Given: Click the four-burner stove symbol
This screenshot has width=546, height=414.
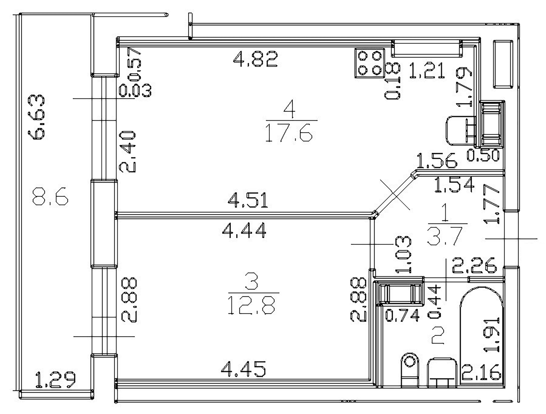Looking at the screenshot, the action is click(370, 63).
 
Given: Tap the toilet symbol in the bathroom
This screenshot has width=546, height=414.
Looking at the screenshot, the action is click(410, 370).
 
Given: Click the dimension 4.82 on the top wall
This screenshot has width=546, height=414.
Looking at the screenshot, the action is click(255, 59).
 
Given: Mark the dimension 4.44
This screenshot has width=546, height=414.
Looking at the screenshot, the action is click(244, 230).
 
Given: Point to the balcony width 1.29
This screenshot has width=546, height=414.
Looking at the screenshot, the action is click(55, 380).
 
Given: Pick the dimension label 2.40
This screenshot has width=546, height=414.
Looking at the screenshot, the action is click(127, 152).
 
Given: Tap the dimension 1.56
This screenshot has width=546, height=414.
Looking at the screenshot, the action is click(437, 161).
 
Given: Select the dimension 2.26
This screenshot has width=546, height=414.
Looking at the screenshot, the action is click(474, 265).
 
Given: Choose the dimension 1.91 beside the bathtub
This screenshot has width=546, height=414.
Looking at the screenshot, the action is click(492, 335).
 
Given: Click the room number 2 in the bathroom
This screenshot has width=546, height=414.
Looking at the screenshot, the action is click(438, 336).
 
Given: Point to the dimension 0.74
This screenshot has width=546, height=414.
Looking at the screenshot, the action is click(402, 315).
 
